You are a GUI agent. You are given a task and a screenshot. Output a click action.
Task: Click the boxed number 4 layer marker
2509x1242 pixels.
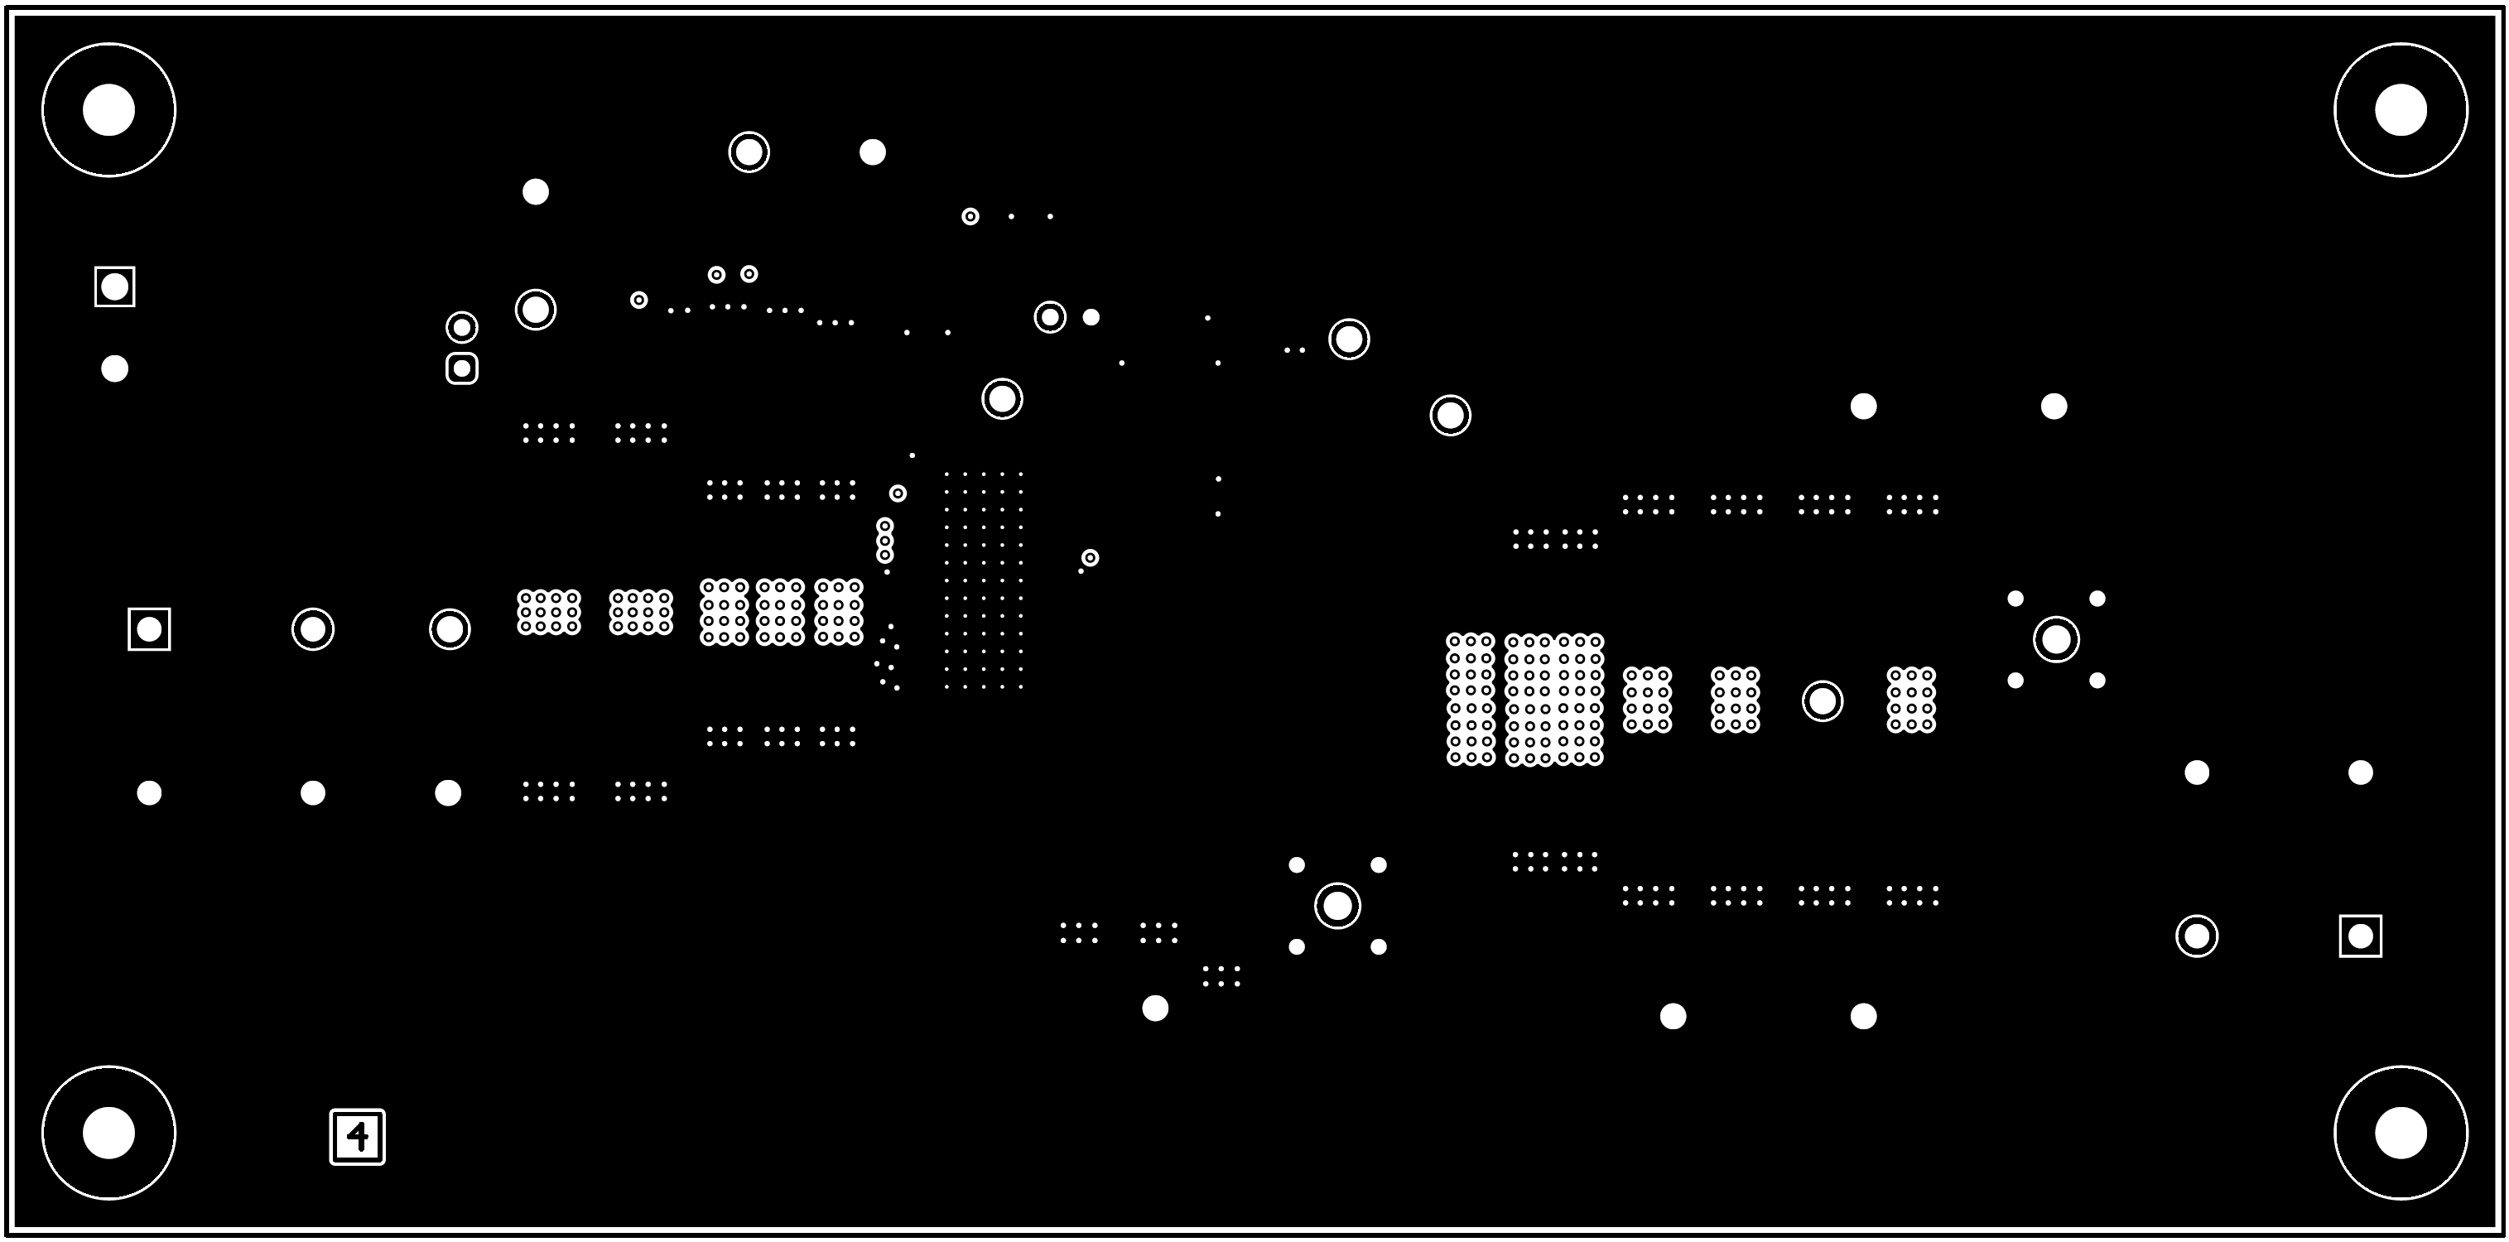click(358, 1137)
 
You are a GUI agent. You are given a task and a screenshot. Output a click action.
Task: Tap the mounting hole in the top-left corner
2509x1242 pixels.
click(109, 110)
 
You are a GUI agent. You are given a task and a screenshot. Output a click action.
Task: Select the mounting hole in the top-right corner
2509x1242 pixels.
click(2401, 110)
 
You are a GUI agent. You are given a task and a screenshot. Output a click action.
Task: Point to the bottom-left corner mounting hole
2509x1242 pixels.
click(109, 1133)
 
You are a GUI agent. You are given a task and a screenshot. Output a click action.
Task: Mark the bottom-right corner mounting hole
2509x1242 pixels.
click(2401, 1133)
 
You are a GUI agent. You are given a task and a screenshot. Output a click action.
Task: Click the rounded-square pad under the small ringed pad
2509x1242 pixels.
click(462, 368)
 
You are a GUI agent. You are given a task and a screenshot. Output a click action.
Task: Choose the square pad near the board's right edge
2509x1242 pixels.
click(2361, 936)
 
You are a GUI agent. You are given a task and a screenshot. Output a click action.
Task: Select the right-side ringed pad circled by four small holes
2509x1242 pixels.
click(2057, 640)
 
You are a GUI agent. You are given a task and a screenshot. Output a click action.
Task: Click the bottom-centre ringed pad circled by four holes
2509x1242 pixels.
click(1338, 906)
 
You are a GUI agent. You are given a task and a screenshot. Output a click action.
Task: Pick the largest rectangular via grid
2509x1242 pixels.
click(1554, 700)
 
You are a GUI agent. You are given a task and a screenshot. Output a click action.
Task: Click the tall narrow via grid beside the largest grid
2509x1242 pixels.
click(1471, 700)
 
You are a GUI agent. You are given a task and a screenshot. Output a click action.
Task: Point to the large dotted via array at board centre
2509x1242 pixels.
click(984, 580)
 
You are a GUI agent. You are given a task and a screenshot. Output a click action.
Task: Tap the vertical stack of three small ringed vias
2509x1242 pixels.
click(884, 541)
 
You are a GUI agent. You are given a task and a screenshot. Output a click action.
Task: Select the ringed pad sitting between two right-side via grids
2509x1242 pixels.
click(1823, 701)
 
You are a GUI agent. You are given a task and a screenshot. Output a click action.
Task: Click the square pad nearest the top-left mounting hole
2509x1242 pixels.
click(115, 286)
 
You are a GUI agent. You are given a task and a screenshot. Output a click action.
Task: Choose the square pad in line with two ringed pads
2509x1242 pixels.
click(149, 629)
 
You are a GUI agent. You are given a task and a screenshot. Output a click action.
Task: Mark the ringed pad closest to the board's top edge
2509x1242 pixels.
click(749, 152)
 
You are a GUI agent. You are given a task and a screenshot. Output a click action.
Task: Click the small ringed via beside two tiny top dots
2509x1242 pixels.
click(970, 216)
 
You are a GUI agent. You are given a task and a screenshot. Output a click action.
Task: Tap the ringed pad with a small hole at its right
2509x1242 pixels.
click(1050, 316)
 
